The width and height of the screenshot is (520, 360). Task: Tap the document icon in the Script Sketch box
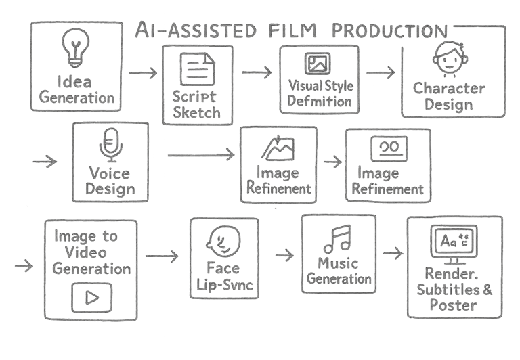tap(197, 69)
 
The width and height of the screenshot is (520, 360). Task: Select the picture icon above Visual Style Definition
tap(316, 64)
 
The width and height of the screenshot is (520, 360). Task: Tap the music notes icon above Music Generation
tap(337, 238)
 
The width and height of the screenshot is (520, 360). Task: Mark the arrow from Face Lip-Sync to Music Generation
tap(285, 254)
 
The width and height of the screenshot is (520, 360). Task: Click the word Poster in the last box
tap(456, 305)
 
